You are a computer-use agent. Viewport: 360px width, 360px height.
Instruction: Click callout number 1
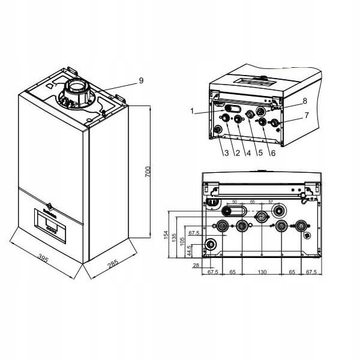[x=192, y=110]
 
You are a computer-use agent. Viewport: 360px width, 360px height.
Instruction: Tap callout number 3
[x=226, y=154]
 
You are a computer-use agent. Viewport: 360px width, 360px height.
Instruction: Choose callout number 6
[x=272, y=154]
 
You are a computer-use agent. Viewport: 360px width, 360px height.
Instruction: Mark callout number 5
[x=260, y=154]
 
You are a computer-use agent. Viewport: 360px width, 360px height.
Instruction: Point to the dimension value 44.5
[x=190, y=247]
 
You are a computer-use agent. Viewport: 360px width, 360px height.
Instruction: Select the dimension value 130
[x=263, y=272]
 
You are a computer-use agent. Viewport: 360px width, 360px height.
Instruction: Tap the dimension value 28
[x=196, y=265]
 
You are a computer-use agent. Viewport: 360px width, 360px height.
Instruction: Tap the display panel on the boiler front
[x=52, y=226]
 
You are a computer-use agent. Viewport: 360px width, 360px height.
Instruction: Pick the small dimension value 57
[x=271, y=202]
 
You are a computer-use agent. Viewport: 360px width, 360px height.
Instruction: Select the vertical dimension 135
[x=175, y=238]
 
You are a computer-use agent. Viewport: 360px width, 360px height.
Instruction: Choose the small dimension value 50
[x=234, y=202]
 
